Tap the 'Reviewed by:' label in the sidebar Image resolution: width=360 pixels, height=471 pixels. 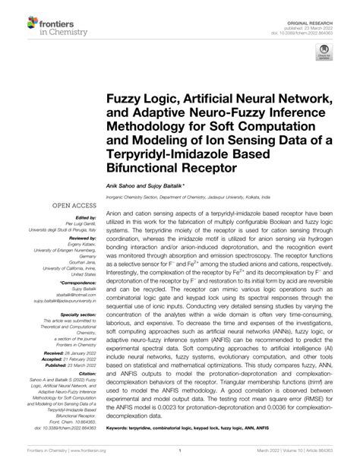pos(77,238)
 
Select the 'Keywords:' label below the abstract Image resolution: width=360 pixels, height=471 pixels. pos(120,428)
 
